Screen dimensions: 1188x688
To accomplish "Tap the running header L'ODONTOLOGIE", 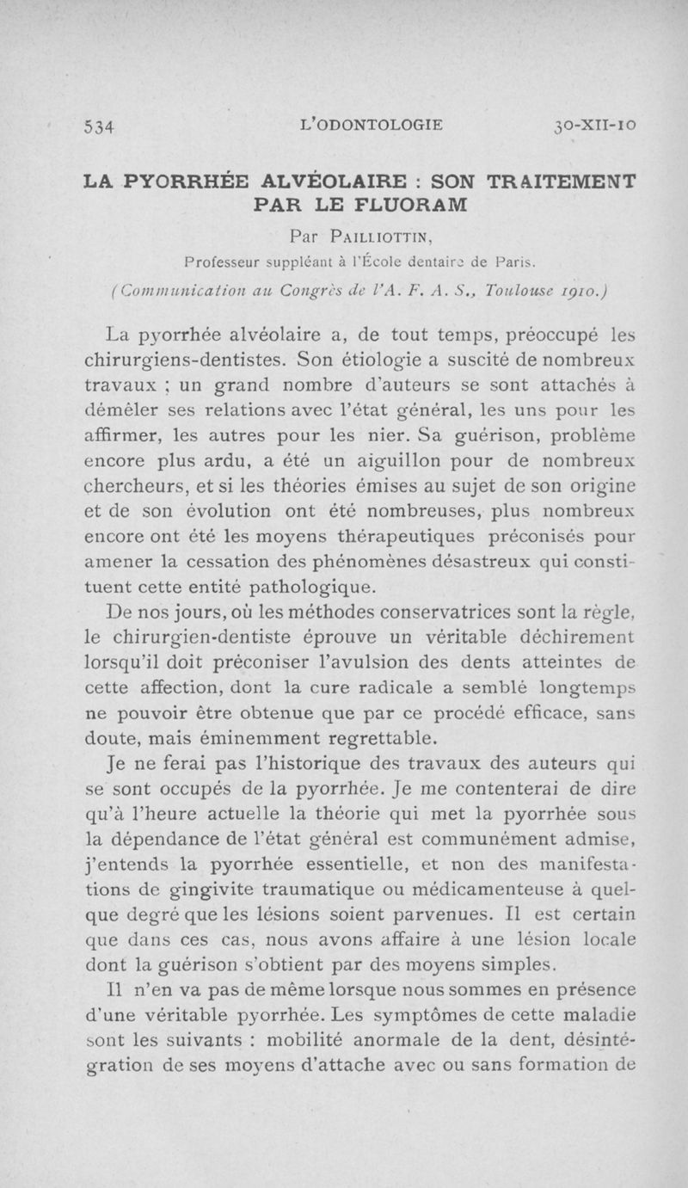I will click(371, 124).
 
